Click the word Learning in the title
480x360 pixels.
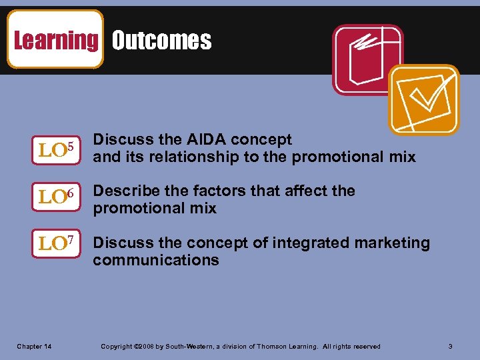[55, 40]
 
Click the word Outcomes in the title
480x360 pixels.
[161, 41]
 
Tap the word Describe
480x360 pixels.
[124, 191]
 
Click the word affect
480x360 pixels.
[305, 191]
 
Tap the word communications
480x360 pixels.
[156, 261]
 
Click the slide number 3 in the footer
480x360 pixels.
[451, 346]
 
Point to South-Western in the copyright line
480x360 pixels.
[184, 347]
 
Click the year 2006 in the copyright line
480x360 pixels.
[146, 347]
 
